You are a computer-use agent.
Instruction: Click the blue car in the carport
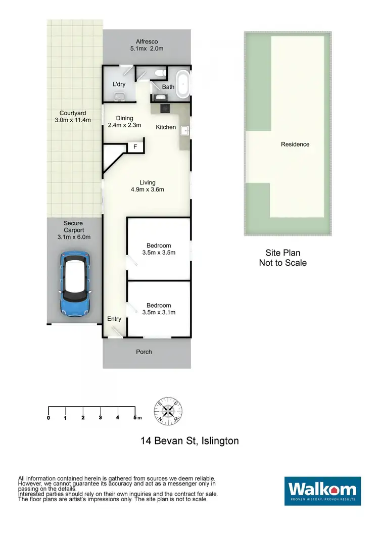pyautogui.click(x=75, y=284)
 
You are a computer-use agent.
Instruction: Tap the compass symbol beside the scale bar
pyautogui.click(x=168, y=410)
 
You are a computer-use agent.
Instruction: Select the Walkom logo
pyautogui.click(x=322, y=491)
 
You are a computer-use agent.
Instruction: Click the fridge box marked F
pyautogui.click(x=135, y=147)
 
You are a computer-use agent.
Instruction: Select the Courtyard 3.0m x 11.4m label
pyautogui.click(x=75, y=117)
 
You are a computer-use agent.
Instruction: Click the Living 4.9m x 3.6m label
pyautogui.click(x=148, y=186)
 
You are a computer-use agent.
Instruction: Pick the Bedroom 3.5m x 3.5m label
pyautogui.click(x=159, y=249)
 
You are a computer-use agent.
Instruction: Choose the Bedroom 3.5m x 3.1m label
pyautogui.click(x=159, y=309)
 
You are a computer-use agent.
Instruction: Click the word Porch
pyautogui.click(x=144, y=352)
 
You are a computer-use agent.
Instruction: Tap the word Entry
pyautogui.click(x=114, y=319)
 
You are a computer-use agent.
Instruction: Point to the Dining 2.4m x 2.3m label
pyautogui.click(x=125, y=121)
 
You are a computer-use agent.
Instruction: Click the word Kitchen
pyautogui.click(x=166, y=127)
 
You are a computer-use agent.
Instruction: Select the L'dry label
pyautogui.click(x=119, y=84)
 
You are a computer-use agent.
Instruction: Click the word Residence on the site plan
pyautogui.click(x=295, y=144)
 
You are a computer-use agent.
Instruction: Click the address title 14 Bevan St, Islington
pyautogui.click(x=189, y=441)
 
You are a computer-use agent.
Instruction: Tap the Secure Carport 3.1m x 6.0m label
pyautogui.click(x=73, y=230)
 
